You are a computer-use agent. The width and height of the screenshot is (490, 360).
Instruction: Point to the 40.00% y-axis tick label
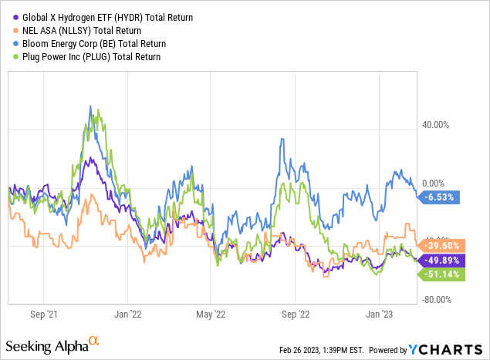click(442, 124)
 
